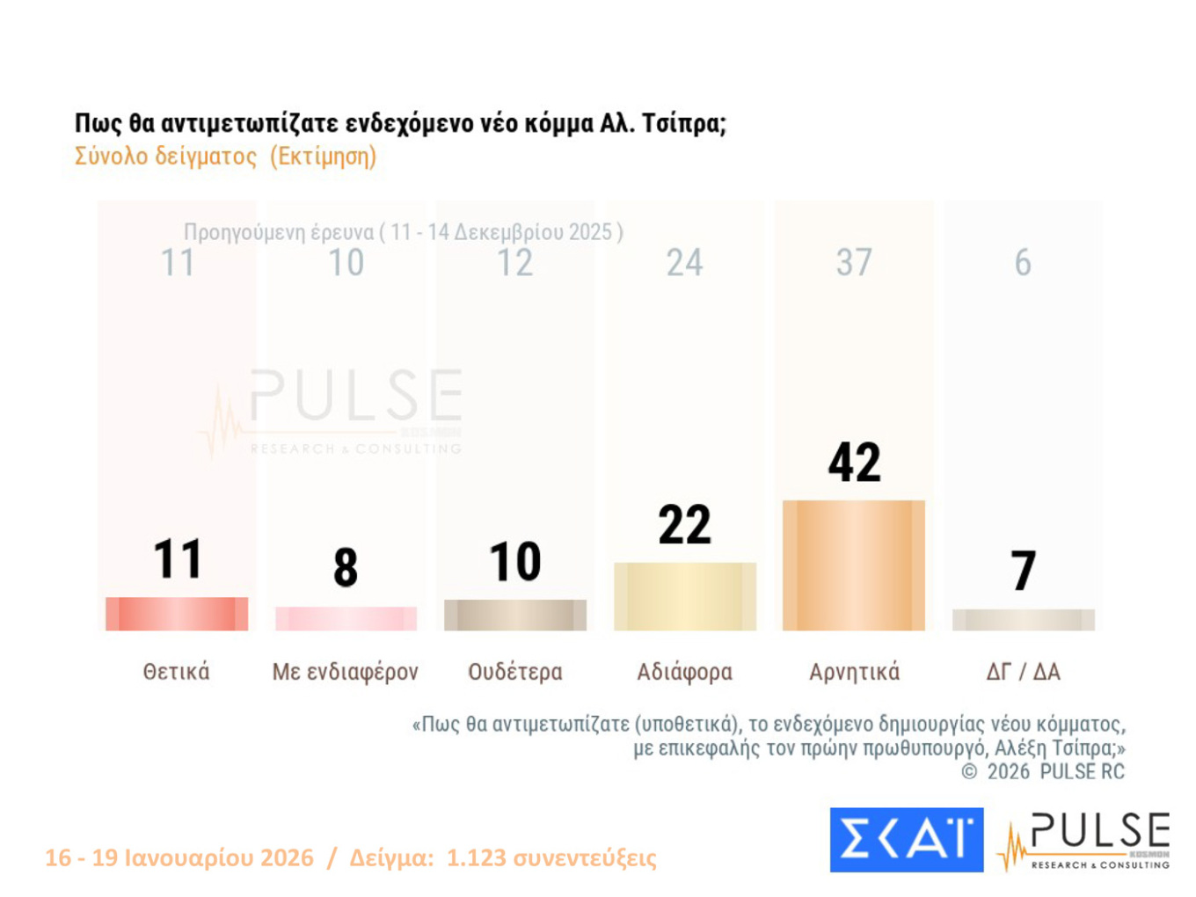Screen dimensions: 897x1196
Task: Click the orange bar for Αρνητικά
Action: coord(853,565)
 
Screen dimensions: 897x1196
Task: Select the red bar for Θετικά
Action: coord(177,614)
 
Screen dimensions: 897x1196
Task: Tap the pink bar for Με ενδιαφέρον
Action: coord(346,618)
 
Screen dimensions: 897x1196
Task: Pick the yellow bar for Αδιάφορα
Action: coord(684,596)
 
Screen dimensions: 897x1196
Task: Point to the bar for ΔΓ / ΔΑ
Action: coord(1023,620)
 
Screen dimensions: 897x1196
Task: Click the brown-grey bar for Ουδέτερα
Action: coord(515,615)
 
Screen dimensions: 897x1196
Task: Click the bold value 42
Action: coord(854,463)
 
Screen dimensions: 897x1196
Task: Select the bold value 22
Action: coord(684,525)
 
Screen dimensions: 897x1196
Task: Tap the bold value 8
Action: coord(346,567)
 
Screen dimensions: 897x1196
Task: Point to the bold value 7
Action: coord(1023,571)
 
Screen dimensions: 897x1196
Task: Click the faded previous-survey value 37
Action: coord(854,262)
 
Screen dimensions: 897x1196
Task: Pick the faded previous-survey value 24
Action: coord(684,262)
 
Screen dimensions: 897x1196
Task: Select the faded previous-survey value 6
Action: coord(1023,262)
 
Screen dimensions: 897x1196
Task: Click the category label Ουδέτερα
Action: coord(515,672)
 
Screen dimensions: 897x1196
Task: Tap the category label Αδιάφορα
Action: coord(684,672)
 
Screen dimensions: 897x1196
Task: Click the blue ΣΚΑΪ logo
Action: coord(906,840)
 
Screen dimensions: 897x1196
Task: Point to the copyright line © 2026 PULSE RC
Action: coord(1043,771)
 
